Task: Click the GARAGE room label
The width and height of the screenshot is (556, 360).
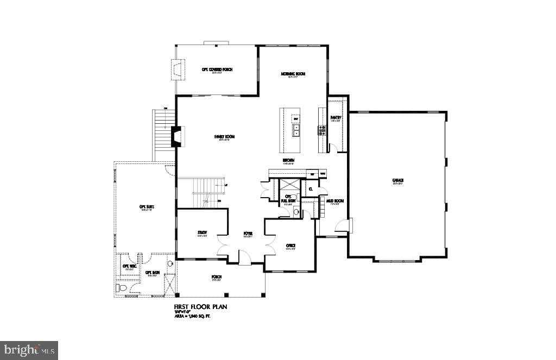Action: click(x=398, y=180)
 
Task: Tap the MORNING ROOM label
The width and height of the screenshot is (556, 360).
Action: click(x=293, y=74)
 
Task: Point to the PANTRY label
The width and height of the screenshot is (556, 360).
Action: click(x=336, y=117)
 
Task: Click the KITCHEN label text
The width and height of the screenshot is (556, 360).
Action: click(x=288, y=160)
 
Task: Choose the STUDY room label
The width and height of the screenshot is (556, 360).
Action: click(x=203, y=232)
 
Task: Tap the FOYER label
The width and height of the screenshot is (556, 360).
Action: click(x=248, y=233)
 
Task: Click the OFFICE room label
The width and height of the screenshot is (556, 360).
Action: click(x=290, y=245)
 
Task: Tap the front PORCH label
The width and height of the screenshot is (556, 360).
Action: click(x=217, y=277)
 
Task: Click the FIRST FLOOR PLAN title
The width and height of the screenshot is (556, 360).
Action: click(x=200, y=307)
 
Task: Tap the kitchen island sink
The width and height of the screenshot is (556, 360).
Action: click(x=296, y=129)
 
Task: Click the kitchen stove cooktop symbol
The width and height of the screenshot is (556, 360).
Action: click(x=322, y=130)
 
